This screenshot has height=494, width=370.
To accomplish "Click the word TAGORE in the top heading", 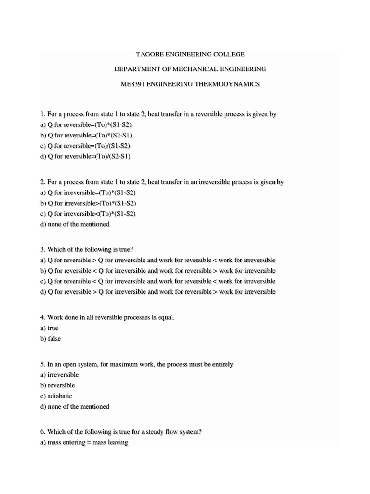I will pos(150,55).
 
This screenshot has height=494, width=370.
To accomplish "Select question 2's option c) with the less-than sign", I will pos(88,213).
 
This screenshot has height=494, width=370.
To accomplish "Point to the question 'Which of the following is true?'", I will pos(87,249).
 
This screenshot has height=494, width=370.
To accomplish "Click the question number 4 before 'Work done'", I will pos(42,317).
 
